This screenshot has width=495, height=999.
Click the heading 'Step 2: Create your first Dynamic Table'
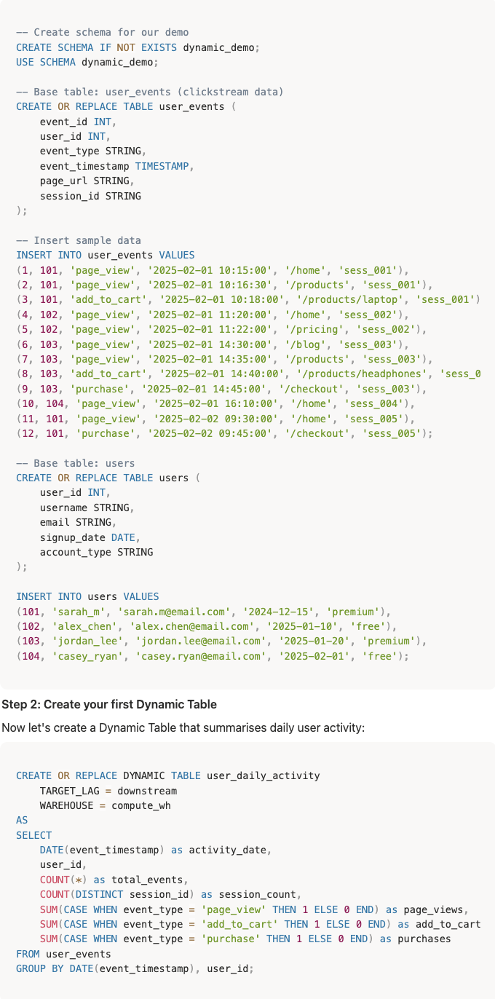[99, 704]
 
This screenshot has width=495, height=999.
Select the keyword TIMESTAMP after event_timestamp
[164, 166]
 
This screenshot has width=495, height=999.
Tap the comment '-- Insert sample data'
[79, 240]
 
